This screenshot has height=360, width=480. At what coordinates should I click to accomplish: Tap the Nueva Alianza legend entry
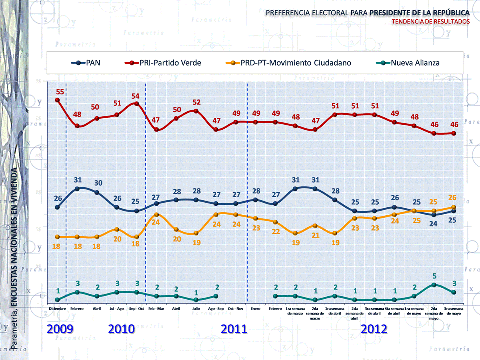408,63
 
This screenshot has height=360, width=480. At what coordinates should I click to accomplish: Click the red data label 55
60,92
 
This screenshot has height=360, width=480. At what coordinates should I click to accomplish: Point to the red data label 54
135,96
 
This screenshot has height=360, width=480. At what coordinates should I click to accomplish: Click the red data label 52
196,102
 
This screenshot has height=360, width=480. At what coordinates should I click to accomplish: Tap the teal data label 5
434,275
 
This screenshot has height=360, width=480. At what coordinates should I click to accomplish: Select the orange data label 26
453,197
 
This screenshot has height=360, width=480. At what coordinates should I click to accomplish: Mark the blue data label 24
434,224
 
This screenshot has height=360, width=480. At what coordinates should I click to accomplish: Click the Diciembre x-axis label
57,309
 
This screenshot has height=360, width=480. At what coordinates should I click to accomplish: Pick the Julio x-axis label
196,309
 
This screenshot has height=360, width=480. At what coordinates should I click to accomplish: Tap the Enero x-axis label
256,309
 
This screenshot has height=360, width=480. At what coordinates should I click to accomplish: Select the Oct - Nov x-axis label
236,309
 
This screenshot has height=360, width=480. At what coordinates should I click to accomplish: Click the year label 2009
60,329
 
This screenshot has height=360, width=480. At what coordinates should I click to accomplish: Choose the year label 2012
374,329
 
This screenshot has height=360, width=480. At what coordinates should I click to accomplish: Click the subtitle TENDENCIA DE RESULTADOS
431,22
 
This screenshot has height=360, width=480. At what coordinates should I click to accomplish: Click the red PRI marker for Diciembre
57,100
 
